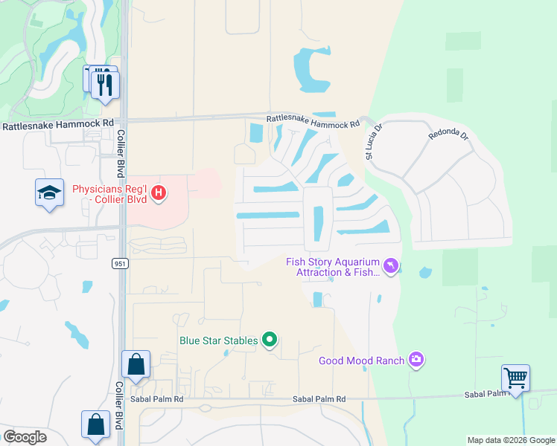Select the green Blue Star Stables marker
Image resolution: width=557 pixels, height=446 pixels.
pos(270,341)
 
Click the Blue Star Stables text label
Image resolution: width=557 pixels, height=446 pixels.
pos(218,341)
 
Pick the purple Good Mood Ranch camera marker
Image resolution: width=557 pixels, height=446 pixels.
pos(416,361)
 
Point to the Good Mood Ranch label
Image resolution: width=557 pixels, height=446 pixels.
pos(361,361)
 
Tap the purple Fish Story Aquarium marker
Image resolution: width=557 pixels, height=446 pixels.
pos(390,265)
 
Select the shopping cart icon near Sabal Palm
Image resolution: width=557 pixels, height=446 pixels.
pos(515,378)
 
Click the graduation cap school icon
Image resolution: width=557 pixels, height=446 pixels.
pos(50,193)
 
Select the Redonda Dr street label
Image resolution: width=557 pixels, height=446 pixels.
pos(448,136)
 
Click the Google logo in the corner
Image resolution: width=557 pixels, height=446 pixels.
pos(25,437)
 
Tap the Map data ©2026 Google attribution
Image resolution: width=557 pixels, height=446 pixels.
pos(510,440)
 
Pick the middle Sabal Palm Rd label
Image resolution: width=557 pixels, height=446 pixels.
pos(319,399)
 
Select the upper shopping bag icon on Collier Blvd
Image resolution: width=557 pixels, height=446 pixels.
pos(136,364)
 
